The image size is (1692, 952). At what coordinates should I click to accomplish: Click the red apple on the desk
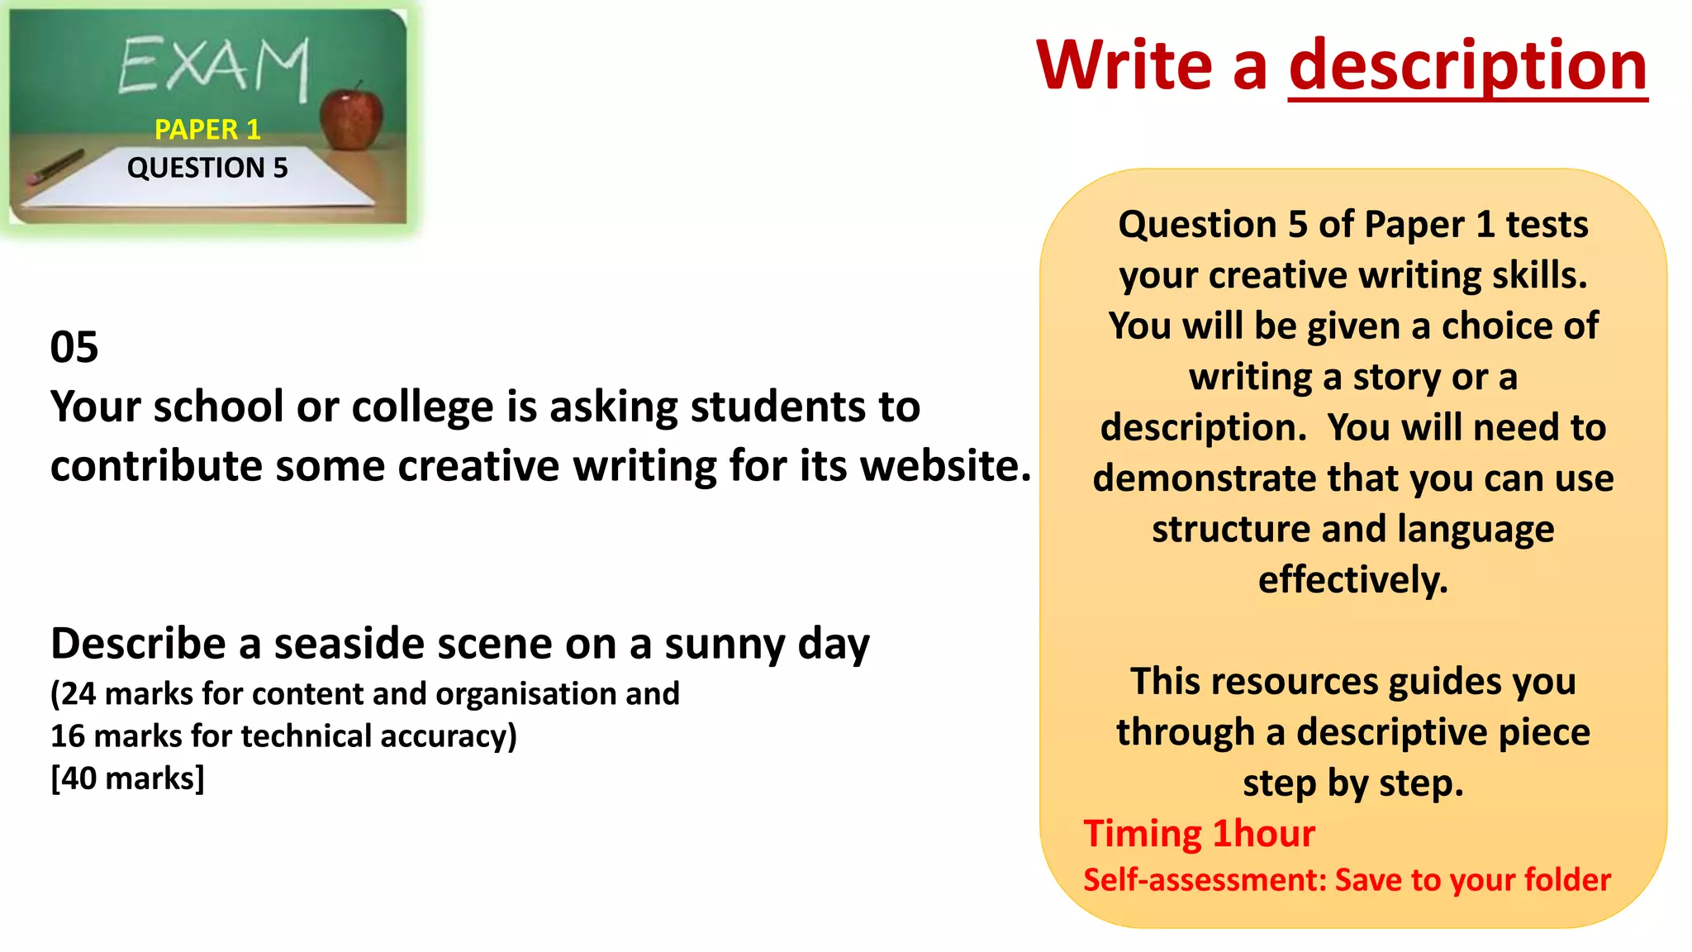352,119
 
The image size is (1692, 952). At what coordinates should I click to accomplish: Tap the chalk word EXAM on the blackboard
213,66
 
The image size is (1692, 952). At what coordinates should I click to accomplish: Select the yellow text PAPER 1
207,130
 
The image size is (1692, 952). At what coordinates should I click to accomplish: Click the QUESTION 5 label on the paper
207,168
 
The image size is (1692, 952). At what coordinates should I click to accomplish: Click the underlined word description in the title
1467,66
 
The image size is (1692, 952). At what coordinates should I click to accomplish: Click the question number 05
74,347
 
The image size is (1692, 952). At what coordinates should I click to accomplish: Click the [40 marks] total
127,778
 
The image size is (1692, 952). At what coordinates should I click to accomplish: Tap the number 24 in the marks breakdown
78,694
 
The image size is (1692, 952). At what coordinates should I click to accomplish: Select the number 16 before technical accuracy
67,736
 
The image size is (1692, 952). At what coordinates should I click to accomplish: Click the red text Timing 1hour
1199,834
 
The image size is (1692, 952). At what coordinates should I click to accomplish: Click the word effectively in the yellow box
1352,580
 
